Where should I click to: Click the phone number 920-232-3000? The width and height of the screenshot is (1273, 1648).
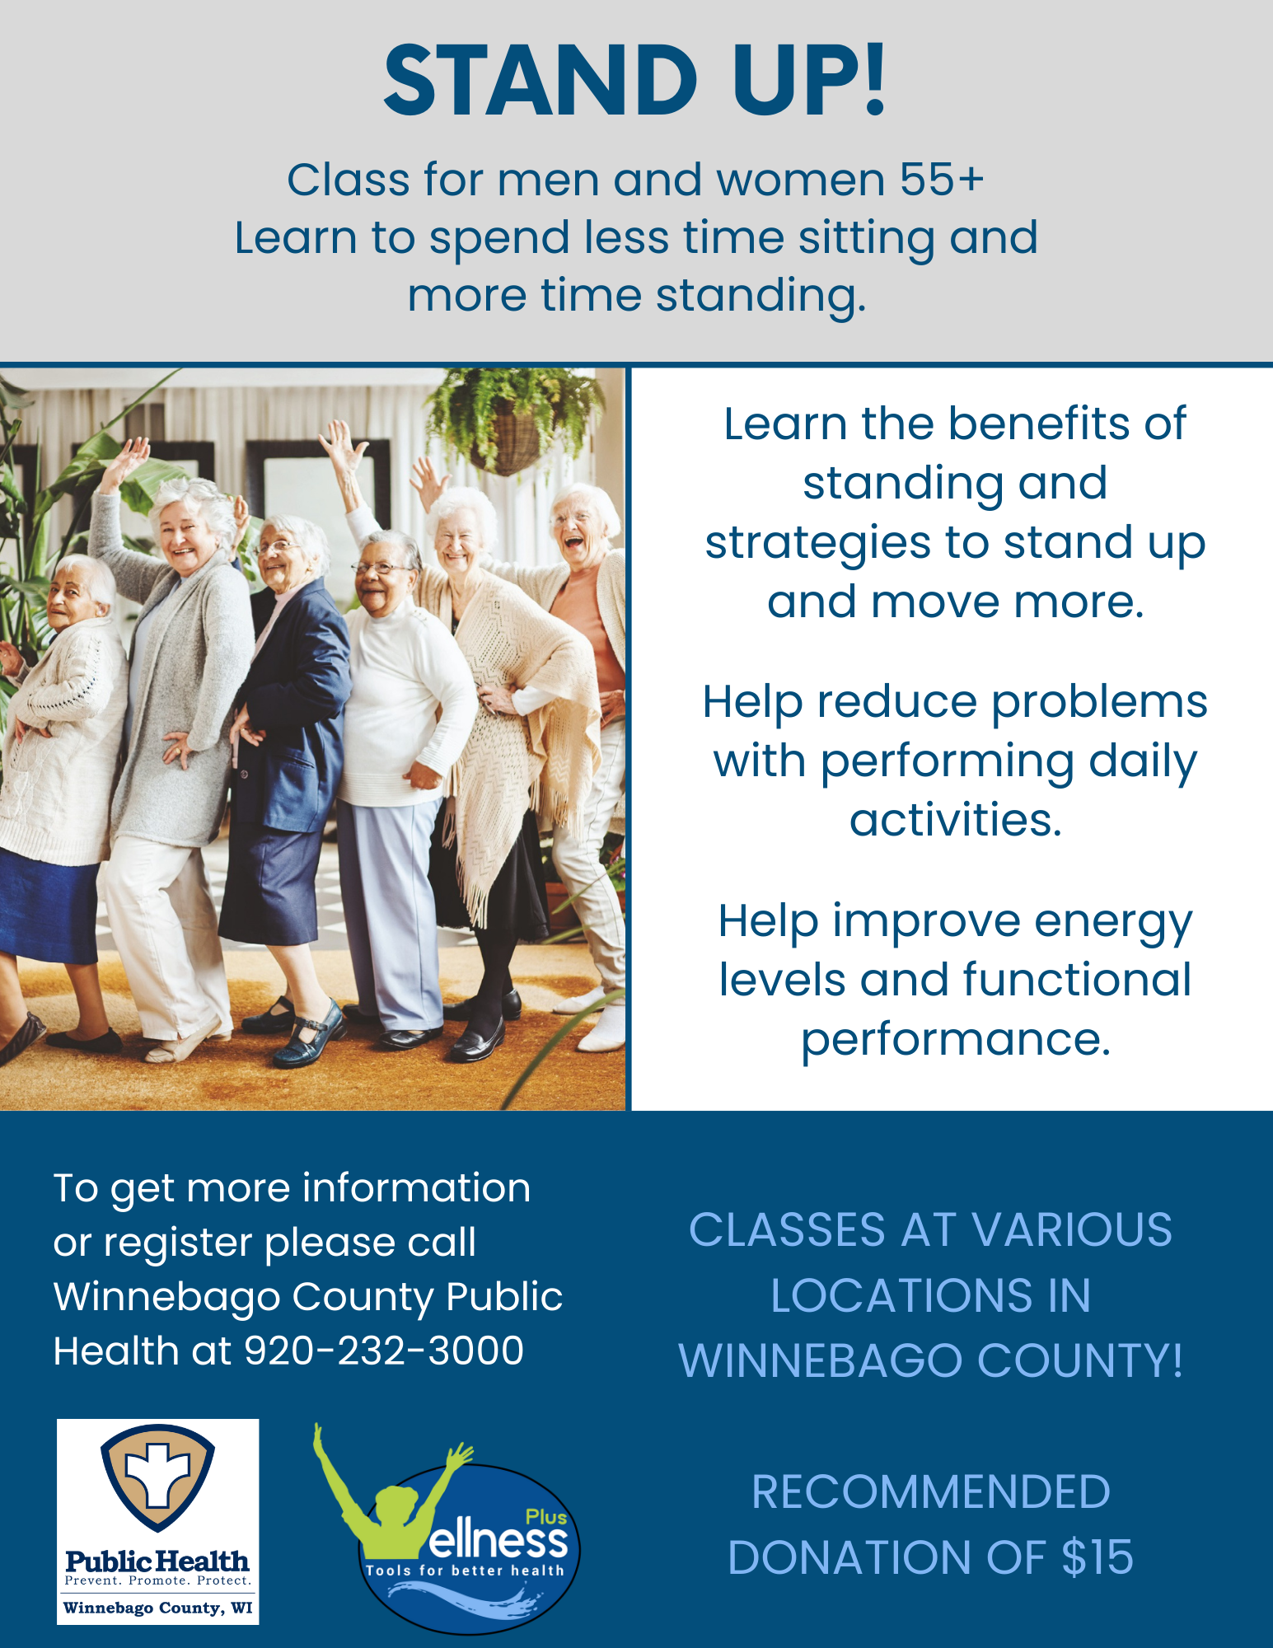384,1351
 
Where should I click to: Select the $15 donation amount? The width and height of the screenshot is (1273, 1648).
1097,1557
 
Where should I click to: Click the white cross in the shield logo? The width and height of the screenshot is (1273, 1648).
157,1475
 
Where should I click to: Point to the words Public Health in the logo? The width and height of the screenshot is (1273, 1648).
157,1561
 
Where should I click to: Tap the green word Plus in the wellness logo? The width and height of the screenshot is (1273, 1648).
546,1517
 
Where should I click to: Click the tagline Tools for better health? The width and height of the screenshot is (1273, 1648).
465,1571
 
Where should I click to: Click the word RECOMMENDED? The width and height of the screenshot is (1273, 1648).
931,1492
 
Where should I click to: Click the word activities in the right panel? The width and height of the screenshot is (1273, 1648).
955,820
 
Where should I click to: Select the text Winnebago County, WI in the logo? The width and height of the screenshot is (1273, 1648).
157,1608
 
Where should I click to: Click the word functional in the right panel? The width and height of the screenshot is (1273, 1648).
1077,980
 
